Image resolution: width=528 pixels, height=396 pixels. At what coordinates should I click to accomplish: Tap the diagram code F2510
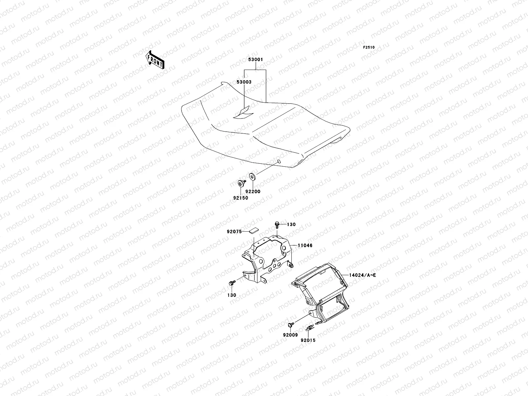tap(369, 48)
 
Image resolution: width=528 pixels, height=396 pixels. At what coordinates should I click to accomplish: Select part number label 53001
tap(255, 60)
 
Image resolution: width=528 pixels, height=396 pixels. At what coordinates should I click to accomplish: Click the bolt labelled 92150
tap(240, 183)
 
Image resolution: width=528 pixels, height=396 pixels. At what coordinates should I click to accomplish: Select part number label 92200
tap(253, 191)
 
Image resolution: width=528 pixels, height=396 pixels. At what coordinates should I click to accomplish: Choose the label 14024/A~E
tap(362, 275)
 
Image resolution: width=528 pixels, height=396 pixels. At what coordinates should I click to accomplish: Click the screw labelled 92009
tap(290, 325)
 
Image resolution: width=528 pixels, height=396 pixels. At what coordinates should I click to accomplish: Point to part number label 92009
tap(290, 335)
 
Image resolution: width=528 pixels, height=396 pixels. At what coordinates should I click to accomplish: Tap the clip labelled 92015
tap(310, 328)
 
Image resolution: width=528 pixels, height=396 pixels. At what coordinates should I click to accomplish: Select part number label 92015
tap(308, 340)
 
